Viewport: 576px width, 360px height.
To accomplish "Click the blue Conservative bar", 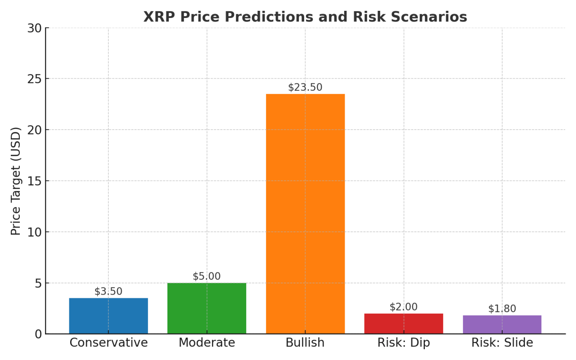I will (x=108, y=316).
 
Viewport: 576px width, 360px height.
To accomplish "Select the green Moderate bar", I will (x=207, y=308).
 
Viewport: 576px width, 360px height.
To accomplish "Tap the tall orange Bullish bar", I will (x=305, y=214).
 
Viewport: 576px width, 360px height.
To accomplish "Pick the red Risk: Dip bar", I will (x=404, y=324).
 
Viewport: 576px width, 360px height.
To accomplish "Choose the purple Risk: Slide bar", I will (x=502, y=324).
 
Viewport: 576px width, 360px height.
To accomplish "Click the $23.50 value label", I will (x=305, y=87).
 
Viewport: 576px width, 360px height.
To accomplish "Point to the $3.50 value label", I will (x=108, y=291).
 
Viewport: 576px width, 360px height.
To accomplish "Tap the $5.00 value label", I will (x=207, y=276).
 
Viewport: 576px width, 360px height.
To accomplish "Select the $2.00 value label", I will (x=404, y=307).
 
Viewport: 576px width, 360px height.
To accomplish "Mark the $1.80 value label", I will (x=502, y=309).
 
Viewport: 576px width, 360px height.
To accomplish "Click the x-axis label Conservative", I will (x=108, y=343).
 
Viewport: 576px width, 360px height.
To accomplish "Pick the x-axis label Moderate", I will (x=207, y=343).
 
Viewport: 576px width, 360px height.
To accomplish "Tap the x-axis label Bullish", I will (x=305, y=343).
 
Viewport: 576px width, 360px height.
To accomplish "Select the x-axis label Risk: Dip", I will (x=404, y=343).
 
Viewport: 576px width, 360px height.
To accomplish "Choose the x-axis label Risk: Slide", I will (x=502, y=343).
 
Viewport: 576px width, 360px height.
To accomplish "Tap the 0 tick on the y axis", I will (x=38, y=334).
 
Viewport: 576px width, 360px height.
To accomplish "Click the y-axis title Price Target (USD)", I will (x=16, y=181).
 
